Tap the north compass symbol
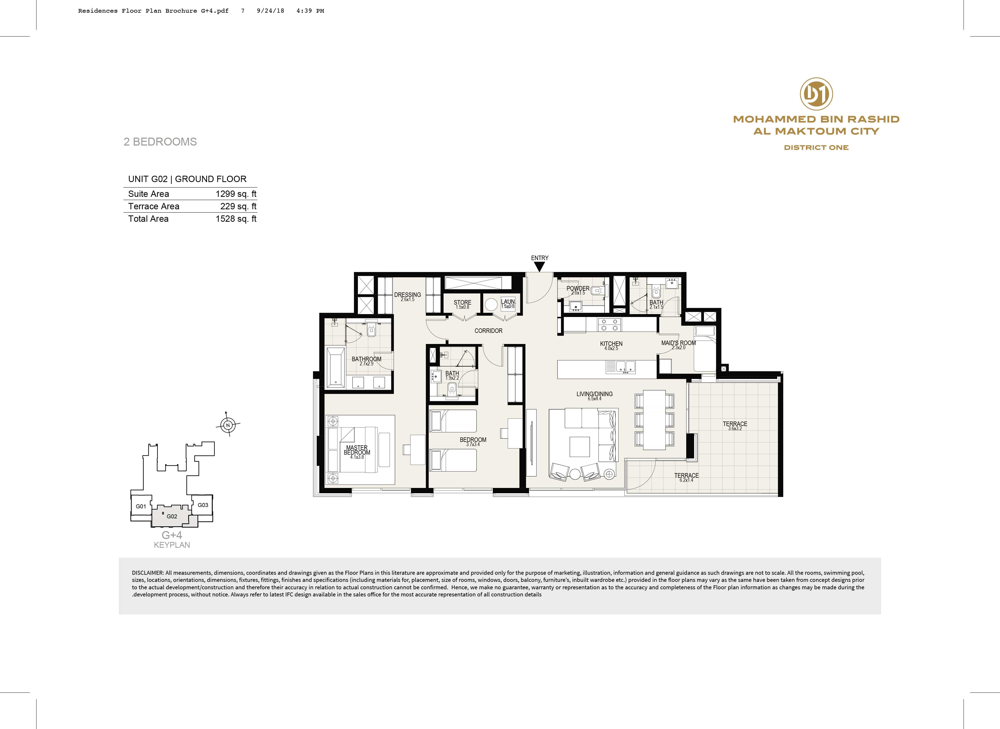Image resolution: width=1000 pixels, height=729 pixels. (x=228, y=425)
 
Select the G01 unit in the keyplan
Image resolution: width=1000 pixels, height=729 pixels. (x=141, y=506)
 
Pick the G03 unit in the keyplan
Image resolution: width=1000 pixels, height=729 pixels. (x=203, y=505)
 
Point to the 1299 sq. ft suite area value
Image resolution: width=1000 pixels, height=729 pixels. (x=236, y=194)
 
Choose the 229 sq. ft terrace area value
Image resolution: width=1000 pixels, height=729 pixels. (x=238, y=206)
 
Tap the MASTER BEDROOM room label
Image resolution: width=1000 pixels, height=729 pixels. (x=357, y=450)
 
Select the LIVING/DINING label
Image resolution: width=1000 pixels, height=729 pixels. (x=594, y=394)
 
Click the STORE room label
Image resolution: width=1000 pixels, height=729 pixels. (x=463, y=302)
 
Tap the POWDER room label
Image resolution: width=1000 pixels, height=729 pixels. (x=578, y=288)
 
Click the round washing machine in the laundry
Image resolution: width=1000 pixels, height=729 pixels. (x=491, y=305)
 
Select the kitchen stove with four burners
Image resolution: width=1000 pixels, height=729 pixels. (x=609, y=325)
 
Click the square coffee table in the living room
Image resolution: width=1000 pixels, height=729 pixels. (x=579, y=447)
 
